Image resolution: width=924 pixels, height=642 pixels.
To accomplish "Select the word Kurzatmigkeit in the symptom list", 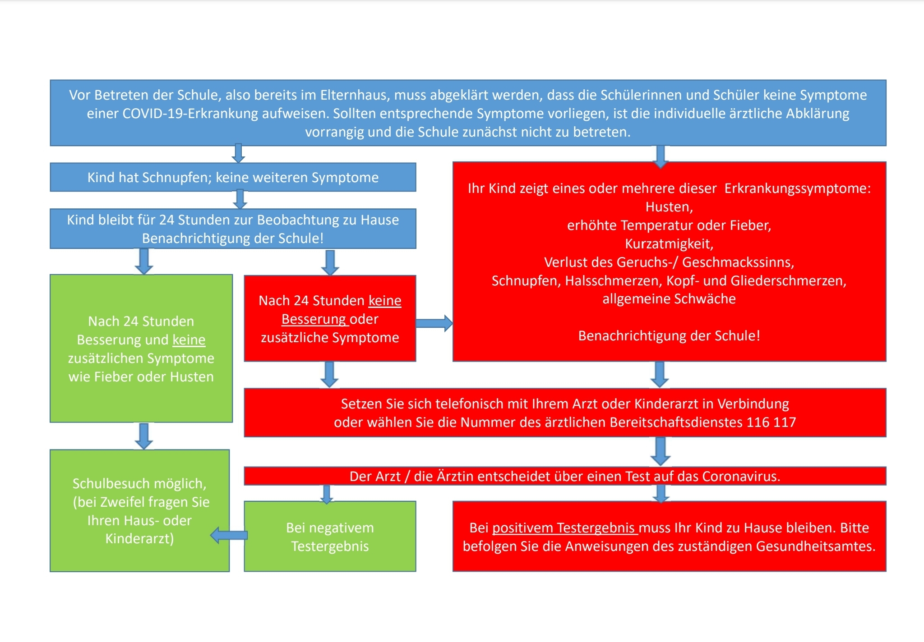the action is [669, 244].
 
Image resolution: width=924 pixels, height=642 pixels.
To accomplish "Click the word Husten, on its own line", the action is [669, 207].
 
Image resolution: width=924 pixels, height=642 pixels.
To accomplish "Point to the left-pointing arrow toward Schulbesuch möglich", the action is [229, 536].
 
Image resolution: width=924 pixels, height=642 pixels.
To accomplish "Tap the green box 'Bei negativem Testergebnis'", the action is [330, 537].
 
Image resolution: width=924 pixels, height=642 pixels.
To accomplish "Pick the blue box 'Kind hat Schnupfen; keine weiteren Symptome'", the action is [233, 177].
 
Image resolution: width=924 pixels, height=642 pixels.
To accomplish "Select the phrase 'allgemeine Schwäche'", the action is [669, 299].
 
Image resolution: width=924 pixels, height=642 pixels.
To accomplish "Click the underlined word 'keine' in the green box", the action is [189, 340].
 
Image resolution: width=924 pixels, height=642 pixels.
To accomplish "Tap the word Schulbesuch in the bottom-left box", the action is [105, 484].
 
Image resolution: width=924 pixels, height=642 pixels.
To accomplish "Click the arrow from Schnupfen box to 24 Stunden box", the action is [240, 199].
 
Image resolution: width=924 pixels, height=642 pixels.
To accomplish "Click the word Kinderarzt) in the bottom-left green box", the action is [139, 539].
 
